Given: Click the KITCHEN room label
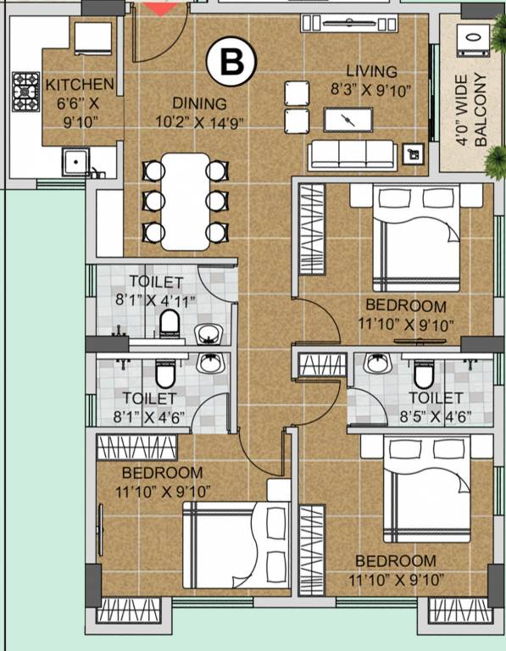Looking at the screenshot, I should (80, 85).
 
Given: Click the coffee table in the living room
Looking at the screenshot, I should (350, 120).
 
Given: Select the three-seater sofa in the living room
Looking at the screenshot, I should (352, 153).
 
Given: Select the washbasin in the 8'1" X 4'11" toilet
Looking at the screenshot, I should (209, 333).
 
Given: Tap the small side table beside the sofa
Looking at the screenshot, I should (413, 153).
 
